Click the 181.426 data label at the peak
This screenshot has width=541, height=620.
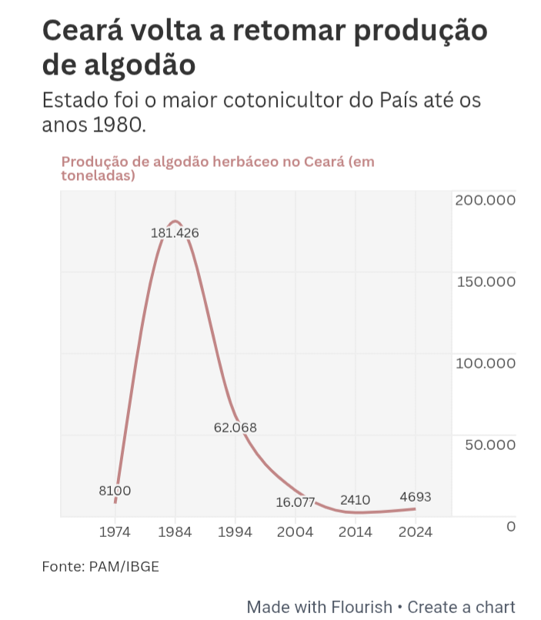click(175, 232)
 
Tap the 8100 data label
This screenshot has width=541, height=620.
click(115, 490)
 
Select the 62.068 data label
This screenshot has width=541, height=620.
click(235, 428)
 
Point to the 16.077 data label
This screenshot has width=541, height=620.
click(296, 502)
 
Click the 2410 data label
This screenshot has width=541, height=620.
click(355, 500)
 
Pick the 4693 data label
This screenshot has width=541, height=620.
click(416, 497)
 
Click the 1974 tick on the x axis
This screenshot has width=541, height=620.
click(115, 532)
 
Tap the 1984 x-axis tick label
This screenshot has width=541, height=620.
click(175, 532)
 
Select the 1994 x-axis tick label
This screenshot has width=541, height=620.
click(235, 532)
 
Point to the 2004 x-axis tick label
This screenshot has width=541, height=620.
click(296, 532)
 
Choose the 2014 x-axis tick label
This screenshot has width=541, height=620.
click(356, 532)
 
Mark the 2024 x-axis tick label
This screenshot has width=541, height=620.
click(416, 532)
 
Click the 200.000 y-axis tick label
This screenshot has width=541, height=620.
click(485, 200)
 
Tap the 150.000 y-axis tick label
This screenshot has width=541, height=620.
click(485, 282)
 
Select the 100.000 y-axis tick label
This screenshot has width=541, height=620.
click(485, 363)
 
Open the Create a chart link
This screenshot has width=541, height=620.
click(461, 606)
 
